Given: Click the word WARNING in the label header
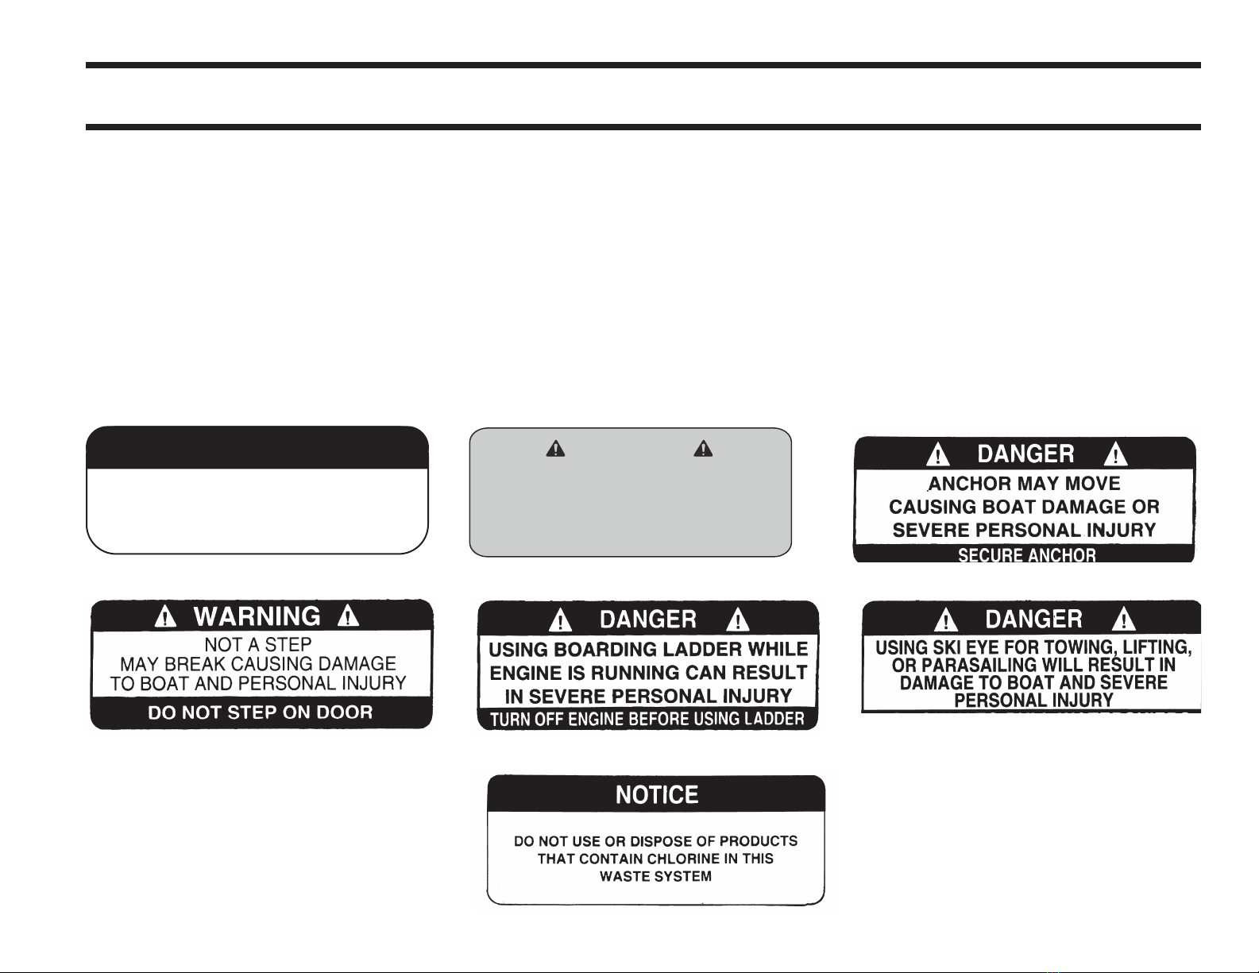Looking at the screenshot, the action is pyautogui.click(x=257, y=616).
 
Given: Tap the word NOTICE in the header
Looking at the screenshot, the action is pyautogui.click(x=656, y=795).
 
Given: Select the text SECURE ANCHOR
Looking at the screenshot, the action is pyautogui.click(x=1027, y=555).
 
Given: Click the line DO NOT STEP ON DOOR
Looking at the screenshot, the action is pyautogui.click(x=261, y=712).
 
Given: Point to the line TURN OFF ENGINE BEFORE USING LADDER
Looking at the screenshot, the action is pyautogui.click(x=647, y=720).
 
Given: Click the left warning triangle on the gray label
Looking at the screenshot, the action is pyautogui.click(x=556, y=449).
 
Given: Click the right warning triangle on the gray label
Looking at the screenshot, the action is pyautogui.click(x=703, y=449).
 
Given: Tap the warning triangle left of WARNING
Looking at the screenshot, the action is pyautogui.click(x=166, y=616).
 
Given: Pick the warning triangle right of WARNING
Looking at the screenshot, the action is pyautogui.click(x=348, y=616).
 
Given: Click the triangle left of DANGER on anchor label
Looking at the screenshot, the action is pyautogui.click(x=938, y=454).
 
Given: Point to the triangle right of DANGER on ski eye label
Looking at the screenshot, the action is pyautogui.click(x=1124, y=619).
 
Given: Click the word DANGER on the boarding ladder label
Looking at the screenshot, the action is pyautogui.click(x=648, y=620).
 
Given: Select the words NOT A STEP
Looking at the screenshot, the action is pyautogui.click(x=258, y=645).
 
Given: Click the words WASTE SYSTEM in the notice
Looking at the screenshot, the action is pyautogui.click(x=655, y=876).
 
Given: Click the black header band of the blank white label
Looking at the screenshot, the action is pyautogui.click(x=257, y=448).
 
